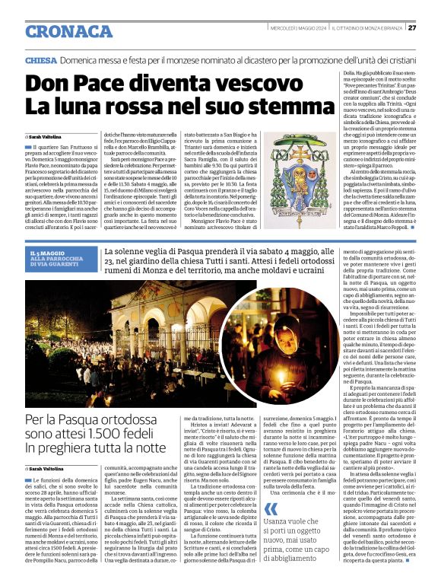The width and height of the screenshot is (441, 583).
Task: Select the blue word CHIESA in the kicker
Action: tap(40, 59)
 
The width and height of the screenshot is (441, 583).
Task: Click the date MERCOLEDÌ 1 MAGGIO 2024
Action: tap(299, 28)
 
